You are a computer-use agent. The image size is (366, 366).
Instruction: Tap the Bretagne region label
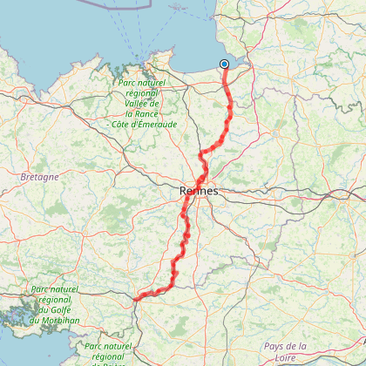click(40, 176)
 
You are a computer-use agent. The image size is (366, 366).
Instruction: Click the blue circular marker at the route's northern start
click(224, 64)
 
